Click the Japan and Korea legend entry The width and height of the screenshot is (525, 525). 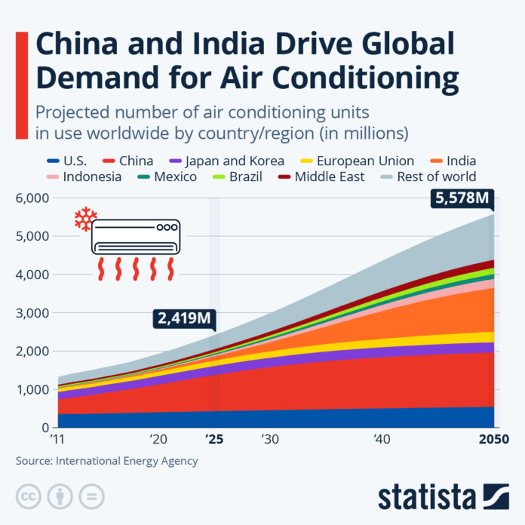coord(227,160)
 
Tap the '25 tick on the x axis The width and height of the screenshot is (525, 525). coord(214,439)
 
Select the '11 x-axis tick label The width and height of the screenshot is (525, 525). coord(57,439)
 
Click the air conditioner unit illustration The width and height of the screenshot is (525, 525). coord(136,236)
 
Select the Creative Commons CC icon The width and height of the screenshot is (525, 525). coord(28,496)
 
